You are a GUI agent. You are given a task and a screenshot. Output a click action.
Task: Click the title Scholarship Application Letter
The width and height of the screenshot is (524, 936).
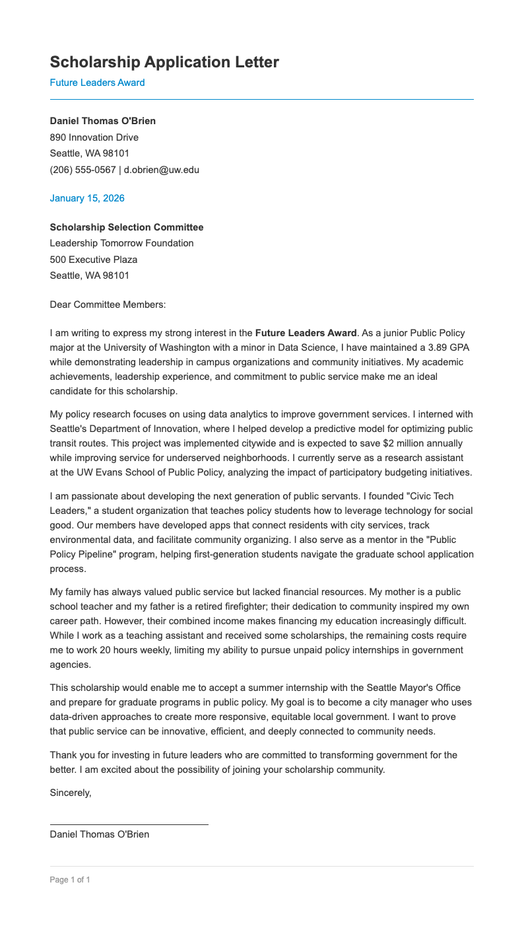click(164, 62)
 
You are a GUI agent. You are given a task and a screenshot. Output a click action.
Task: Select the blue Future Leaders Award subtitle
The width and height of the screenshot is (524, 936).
click(97, 83)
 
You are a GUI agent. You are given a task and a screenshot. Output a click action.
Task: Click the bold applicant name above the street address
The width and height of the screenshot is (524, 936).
click(103, 121)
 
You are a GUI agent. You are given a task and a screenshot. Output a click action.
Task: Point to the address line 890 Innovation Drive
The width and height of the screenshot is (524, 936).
click(94, 137)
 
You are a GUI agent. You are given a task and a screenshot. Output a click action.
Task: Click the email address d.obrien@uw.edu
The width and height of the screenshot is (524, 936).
click(162, 170)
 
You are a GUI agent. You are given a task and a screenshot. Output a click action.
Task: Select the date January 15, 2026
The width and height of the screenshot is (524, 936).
click(87, 198)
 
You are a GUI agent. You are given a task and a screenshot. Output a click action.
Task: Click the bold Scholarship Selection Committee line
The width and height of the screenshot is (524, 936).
click(127, 227)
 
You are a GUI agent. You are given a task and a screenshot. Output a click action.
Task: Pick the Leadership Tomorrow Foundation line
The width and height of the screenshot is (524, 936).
click(122, 243)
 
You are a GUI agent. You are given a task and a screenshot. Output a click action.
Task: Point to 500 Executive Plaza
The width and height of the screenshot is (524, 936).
click(94, 260)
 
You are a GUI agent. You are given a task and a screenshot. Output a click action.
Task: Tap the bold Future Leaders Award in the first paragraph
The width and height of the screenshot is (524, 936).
click(306, 333)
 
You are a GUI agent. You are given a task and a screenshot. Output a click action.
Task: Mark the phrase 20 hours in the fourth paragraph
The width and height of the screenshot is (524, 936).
click(112, 650)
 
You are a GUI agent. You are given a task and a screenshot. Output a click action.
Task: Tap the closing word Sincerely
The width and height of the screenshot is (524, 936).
click(71, 793)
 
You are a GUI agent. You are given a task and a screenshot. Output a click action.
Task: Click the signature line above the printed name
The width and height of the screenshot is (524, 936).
click(129, 824)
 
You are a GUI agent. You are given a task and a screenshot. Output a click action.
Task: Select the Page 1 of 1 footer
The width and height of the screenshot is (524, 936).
click(70, 880)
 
